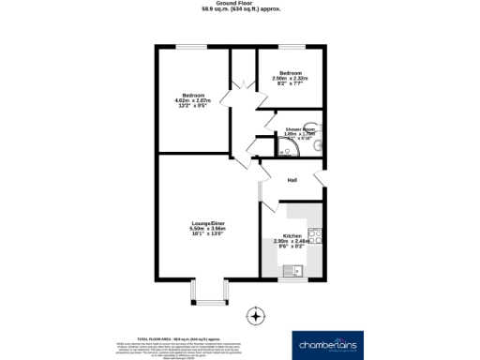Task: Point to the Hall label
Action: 292,180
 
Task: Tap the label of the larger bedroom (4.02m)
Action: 192,97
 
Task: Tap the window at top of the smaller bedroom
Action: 288,48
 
